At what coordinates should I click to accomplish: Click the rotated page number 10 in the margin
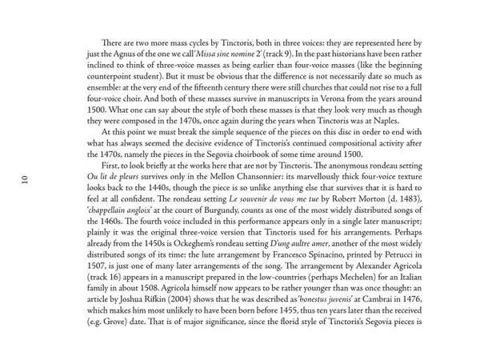point(25,179)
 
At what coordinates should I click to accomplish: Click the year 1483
point(403,198)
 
